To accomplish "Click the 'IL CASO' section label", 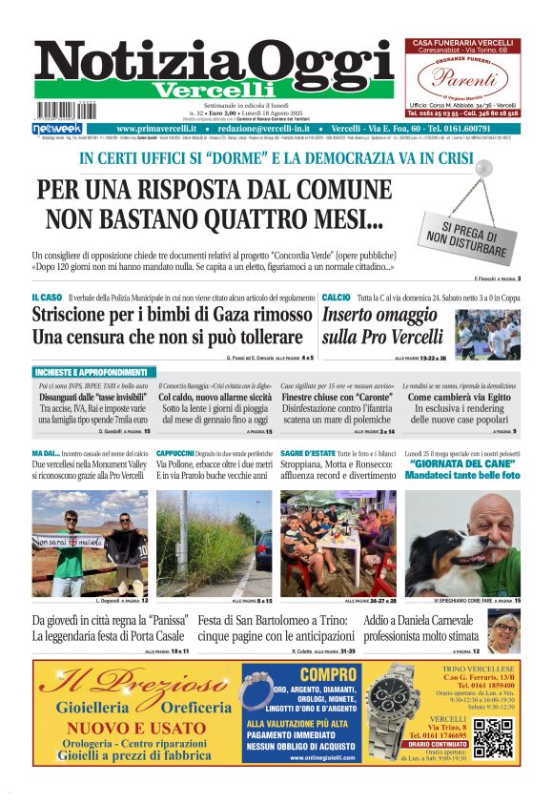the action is (47, 299).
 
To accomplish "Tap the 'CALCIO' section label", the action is (336, 299).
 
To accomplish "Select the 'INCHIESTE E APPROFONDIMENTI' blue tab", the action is (104, 371).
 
